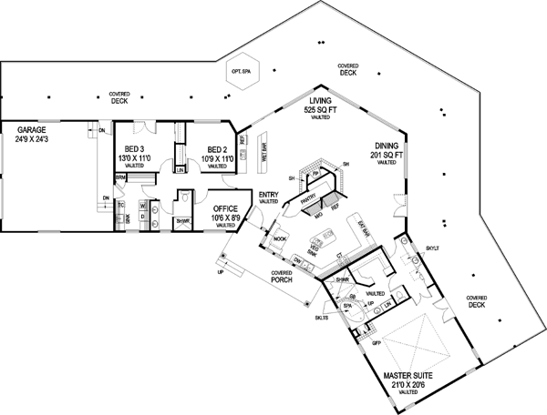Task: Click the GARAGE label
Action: click(x=35, y=130)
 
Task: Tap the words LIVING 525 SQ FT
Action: click(x=320, y=106)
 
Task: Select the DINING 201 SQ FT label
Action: click(x=387, y=150)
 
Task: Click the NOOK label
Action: click(x=279, y=238)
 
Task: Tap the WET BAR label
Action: click(x=263, y=153)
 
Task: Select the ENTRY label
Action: click(x=268, y=195)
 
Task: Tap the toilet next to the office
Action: click(x=185, y=196)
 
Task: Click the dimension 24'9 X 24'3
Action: click(x=35, y=141)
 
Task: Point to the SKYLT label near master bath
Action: click(x=431, y=248)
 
